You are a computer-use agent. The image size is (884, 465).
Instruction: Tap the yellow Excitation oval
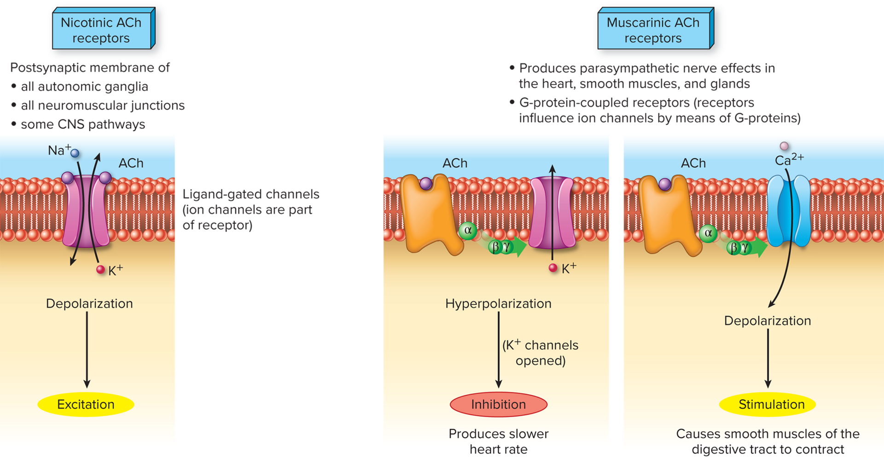click(86, 404)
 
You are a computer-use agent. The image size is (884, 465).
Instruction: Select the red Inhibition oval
click(498, 404)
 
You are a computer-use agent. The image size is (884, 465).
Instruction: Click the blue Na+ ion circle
click(75, 153)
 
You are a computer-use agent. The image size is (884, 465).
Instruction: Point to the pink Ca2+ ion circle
click(784, 146)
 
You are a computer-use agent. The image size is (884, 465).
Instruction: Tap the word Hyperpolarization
click(498, 303)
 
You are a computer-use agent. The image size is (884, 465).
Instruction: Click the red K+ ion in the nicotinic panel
click(100, 270)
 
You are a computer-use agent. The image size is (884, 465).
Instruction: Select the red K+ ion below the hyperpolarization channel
click(553, 268)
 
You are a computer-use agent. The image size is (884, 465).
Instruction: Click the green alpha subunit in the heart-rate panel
click(468, 230)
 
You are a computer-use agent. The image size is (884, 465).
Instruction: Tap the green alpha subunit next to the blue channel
click(708, 233)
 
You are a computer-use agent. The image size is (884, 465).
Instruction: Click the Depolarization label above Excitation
click(89, 303)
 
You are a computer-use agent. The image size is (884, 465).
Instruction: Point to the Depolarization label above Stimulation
click(768, 320)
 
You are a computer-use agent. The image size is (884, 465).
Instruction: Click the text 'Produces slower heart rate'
click(498, 441)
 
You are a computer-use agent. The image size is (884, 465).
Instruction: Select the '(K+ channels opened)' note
click(541, 353)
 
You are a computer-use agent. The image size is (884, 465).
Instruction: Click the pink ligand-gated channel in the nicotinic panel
click(87, 212)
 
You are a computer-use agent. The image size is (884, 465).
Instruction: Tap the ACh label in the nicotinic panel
click(131, 163)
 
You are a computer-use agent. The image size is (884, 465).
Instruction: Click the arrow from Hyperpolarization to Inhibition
click(498, 350)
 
